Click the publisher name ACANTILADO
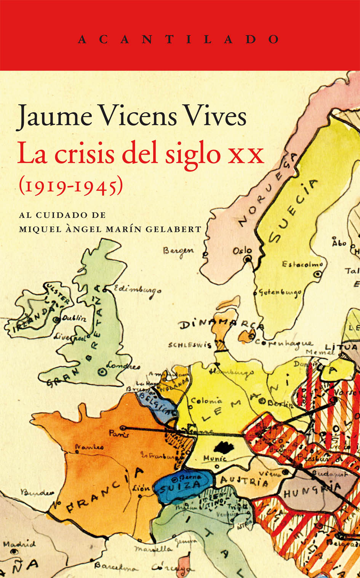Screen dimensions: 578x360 click(179, 39)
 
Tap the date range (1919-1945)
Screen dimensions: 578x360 click(71, 186)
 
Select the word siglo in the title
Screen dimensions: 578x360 click(193, 155)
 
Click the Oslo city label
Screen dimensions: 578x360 click(242, 251)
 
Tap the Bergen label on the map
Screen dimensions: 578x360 click(178, 251)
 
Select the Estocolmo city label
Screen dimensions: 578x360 click(302, 264)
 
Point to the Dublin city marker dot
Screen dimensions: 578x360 click(57, 320)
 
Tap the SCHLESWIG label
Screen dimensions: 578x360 click(190, 345)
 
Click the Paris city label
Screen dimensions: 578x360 click(119, 434)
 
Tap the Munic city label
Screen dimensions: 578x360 click(215, 459)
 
